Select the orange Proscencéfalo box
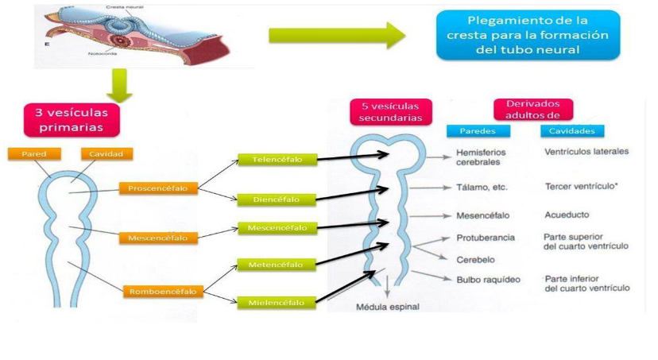(158, 188)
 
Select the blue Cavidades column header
(572, 131)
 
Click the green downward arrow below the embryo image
(118, 84)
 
